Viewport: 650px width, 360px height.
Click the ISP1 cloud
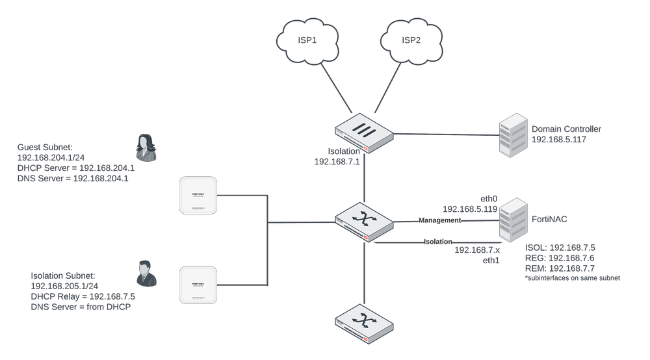coord(306,41)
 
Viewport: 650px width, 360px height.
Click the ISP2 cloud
coord(411,41)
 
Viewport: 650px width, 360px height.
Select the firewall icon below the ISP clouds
coord(365,134)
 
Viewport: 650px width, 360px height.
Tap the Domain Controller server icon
coord(512,136)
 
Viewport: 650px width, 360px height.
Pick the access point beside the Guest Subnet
coord(198,195)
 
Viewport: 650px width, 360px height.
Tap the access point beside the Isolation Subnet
coord(198,284)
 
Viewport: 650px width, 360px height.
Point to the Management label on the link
coord(439,220)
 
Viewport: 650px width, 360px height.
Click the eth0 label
coord(487,199)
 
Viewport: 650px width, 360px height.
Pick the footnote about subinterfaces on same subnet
coord(571,278)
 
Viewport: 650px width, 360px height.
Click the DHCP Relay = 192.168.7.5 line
coord(83,296)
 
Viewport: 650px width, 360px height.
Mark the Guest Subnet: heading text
coord(44,148)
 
